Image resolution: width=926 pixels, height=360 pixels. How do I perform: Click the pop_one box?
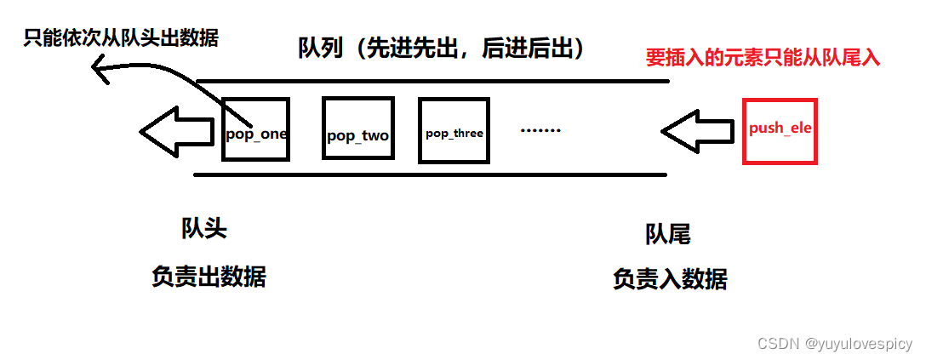255,129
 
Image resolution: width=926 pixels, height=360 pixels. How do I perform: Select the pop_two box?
357,129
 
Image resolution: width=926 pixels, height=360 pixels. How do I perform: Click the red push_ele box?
780,130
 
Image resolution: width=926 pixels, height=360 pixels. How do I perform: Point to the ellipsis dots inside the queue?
540,130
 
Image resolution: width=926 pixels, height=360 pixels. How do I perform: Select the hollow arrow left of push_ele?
697,131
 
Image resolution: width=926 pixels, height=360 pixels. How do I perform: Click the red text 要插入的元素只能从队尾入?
763,58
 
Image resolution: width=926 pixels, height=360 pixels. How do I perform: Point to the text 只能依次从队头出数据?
121,38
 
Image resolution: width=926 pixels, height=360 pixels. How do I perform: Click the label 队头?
204,228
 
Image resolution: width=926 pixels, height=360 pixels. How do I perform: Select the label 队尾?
667,235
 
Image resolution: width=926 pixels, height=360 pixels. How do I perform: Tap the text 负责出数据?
209,277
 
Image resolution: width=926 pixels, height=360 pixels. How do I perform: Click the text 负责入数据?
670,279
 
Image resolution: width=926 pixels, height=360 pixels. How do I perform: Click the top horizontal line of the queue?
432,81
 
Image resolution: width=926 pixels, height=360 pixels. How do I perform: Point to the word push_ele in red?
780,129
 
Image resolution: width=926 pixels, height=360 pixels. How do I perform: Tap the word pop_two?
357,135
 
